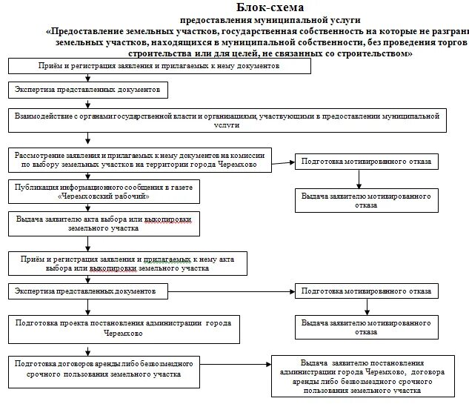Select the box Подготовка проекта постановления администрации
125,328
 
